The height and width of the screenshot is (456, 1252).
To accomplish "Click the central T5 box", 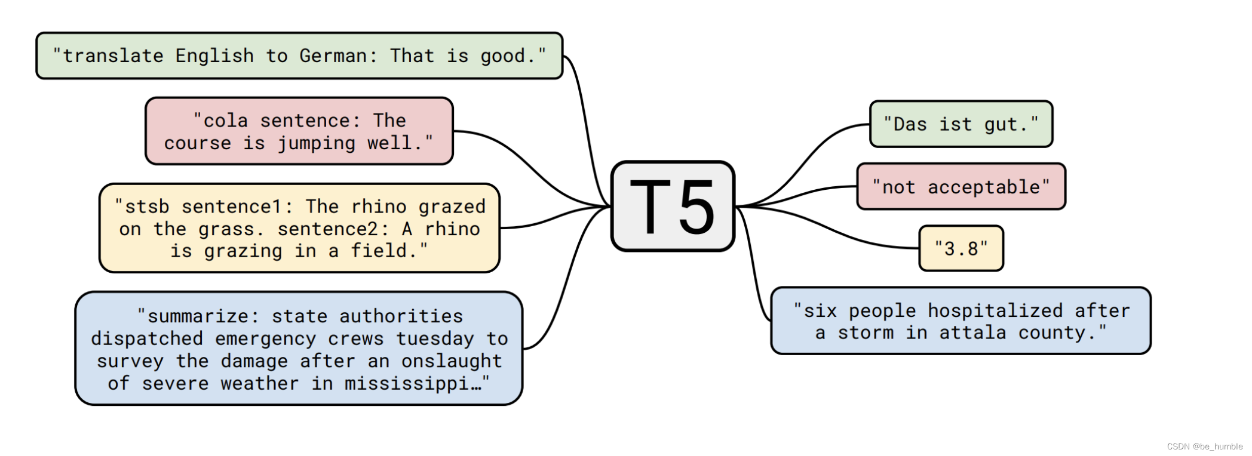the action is coord(673,207).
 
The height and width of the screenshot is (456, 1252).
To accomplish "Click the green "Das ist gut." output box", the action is coord(961,124).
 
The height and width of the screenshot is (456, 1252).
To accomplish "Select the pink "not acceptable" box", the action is coord(961,187).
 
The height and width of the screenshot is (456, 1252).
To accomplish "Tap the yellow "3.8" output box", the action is coord(961,248).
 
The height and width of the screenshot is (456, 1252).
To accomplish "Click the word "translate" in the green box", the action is coord(113,56).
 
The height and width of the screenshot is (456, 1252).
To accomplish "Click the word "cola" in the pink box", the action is coord(225,121).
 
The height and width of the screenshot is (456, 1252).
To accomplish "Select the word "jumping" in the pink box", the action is coord(317,143).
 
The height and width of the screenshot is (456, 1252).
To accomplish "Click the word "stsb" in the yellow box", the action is coord(147,207).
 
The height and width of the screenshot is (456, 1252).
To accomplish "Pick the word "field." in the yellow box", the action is coord(383,251).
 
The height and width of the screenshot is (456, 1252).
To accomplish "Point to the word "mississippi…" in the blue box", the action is coord(412,384).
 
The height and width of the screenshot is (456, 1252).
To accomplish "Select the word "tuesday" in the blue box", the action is coord(435,339).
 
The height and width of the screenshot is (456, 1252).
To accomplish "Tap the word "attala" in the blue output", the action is coord(972,333).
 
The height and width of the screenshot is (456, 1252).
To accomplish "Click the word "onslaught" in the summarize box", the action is coord(452,361).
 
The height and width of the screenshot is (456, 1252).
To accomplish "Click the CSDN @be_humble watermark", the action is coord(1204,446).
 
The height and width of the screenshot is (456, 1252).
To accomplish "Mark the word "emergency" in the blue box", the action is coord(265,339).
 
